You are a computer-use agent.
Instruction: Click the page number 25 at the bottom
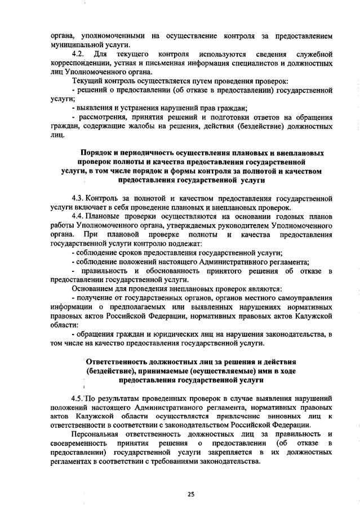tap(190, 494)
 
